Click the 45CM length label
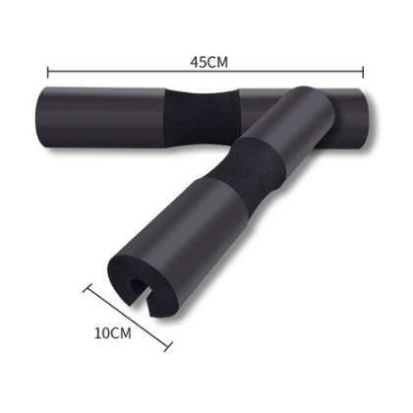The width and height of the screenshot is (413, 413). [x=208, y=62]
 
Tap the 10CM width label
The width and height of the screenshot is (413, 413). [x=113, y=332]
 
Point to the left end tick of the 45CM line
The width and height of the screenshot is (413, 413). [x=48, y=73]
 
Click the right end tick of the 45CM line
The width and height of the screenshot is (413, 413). [x=363, y=72]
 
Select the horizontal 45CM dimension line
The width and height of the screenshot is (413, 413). [x=206, y=72]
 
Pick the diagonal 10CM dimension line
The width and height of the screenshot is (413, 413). [x=128, y=318]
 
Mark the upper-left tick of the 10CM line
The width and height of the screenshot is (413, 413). [x=87, y=287]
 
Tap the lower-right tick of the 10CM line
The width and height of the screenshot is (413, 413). [x=168, y=347]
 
